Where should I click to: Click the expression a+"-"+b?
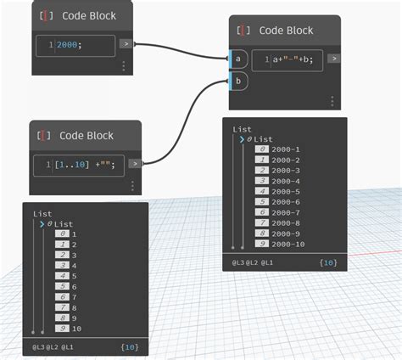click(293, 59)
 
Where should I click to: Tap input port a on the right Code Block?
click(237, 59)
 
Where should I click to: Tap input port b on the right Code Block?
click(237, 82)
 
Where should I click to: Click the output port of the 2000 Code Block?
click(126, 43)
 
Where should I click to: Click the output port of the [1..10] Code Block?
click(133, 163)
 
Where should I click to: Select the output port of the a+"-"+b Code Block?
click(333, 59)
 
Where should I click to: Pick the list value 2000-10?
click(289, 245)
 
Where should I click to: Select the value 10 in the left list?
click(77, 328)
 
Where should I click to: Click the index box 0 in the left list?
click(60, 233)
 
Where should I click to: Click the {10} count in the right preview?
click(327, 264)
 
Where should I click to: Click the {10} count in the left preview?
click(129, 347)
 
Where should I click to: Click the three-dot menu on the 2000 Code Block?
click(124, 65)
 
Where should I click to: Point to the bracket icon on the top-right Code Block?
click(244, 30)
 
